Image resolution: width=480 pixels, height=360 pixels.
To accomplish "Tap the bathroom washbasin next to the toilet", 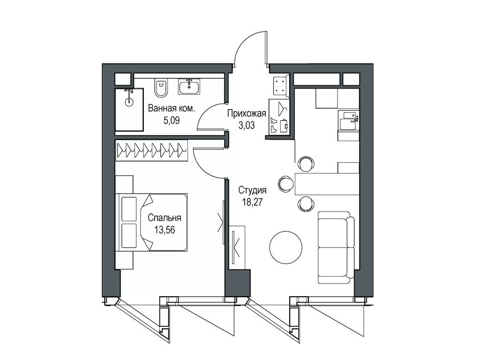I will (189, 87).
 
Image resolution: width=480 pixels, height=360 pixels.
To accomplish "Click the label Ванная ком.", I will (171, 109).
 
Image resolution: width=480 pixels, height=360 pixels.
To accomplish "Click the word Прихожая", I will (247, 113).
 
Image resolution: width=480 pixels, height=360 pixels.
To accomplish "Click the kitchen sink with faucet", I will (348, 121).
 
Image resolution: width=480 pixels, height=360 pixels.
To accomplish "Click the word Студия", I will (252, 190).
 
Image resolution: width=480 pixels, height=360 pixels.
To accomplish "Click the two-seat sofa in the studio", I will (336, 247).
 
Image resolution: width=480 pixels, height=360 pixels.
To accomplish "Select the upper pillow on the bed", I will (128, 208).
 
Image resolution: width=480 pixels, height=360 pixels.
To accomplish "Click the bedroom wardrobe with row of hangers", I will (151, 150).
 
